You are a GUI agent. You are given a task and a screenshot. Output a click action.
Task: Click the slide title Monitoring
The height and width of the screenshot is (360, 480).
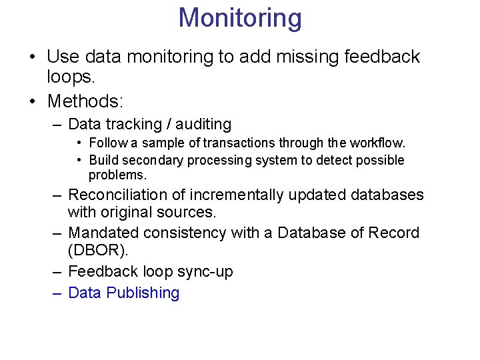240,18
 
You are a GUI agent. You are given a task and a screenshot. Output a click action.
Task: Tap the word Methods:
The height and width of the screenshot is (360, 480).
85,101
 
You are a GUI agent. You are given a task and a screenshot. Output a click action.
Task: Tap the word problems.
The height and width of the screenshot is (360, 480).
117,175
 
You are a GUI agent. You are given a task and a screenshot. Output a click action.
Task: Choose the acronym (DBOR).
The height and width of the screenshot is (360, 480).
97,251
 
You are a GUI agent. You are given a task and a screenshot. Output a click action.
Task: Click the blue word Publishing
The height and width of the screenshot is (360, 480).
143,293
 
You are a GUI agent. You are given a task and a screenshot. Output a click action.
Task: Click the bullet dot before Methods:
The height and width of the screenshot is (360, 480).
33,101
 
